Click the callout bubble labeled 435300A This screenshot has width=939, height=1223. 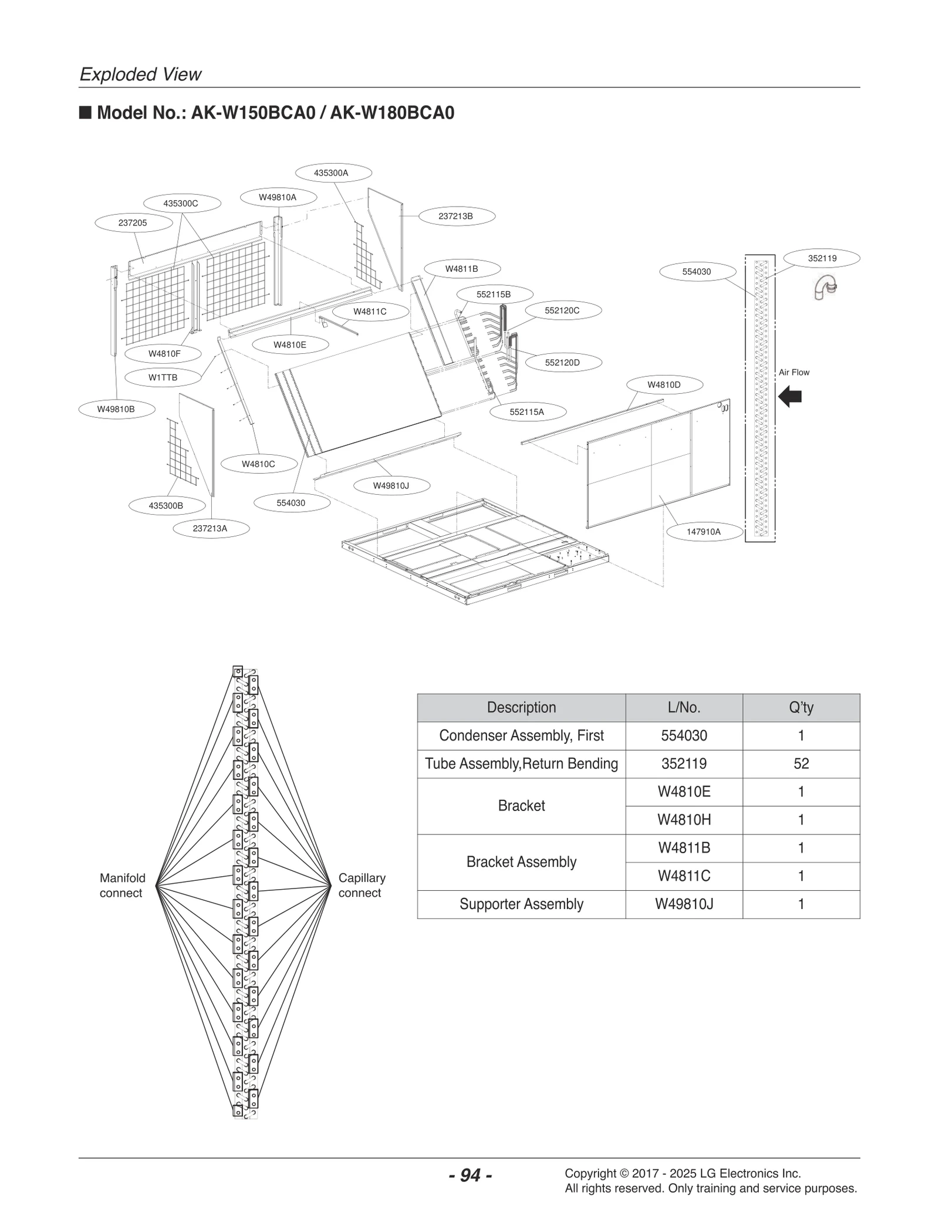333,173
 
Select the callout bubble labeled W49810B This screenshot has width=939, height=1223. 117,409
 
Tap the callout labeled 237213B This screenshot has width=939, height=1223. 456,216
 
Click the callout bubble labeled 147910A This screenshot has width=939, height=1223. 704,532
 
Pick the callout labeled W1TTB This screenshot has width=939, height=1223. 163,377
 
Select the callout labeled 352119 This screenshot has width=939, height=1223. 822,258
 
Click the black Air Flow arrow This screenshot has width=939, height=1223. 790,397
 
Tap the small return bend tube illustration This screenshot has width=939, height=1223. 825,288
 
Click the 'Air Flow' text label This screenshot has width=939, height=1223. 794,372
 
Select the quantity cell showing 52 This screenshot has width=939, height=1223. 801,763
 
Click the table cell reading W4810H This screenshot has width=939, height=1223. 684,820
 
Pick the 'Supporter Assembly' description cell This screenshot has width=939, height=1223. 521,904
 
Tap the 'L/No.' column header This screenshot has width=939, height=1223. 684,707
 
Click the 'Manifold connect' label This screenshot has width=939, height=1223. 122,885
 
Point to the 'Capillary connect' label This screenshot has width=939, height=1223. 362,885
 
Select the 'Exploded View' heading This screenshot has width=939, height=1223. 140,75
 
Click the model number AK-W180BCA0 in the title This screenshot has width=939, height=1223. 392,113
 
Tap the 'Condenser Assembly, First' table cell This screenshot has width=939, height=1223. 521,735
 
